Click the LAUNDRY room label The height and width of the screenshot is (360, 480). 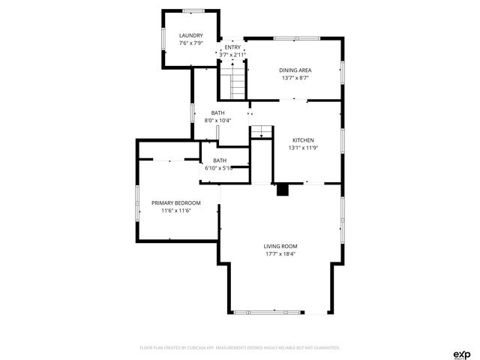190,35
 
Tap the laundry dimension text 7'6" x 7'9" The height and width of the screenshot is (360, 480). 190,43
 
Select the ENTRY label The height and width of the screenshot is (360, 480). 232,47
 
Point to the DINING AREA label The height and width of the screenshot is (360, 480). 296,70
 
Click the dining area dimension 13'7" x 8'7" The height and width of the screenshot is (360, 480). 296,78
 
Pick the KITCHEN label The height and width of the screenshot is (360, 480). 303,140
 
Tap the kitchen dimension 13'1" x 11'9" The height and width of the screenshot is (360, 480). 303,148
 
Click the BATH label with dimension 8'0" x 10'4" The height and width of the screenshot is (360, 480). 217,112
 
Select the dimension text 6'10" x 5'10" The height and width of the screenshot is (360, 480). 219,168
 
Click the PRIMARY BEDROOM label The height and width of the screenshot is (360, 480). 176,203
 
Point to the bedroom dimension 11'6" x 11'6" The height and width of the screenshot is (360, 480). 176,211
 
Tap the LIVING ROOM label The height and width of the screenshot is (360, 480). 280,246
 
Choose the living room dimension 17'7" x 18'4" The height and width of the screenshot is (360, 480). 280,253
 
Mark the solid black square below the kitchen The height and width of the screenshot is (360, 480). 283,190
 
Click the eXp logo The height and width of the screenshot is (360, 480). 461,353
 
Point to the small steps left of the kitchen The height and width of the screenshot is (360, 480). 260,133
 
